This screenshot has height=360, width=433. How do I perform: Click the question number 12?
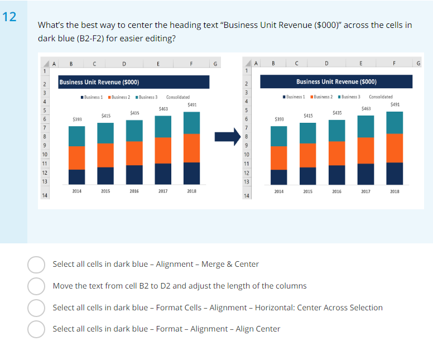10,17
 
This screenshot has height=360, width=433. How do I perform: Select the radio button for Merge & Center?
36,265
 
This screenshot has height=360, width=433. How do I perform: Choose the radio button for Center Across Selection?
36,308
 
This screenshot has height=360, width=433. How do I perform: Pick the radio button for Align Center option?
36,329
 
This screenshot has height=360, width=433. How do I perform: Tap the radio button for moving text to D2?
36,286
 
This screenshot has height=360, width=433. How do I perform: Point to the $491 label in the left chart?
192,104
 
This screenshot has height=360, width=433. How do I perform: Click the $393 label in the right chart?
279,119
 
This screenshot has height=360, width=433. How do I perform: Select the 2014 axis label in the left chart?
76,191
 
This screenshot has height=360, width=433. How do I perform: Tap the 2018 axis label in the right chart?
394,191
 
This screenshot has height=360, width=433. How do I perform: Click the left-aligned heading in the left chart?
99,83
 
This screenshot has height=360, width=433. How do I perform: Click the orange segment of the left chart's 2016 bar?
134,153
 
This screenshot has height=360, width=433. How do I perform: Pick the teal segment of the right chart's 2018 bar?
394,122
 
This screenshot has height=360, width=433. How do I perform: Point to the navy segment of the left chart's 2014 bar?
76,176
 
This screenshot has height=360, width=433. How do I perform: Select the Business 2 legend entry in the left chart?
119,97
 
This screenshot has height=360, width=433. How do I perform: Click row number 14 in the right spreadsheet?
246,196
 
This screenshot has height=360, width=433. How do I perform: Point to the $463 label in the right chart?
366,108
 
